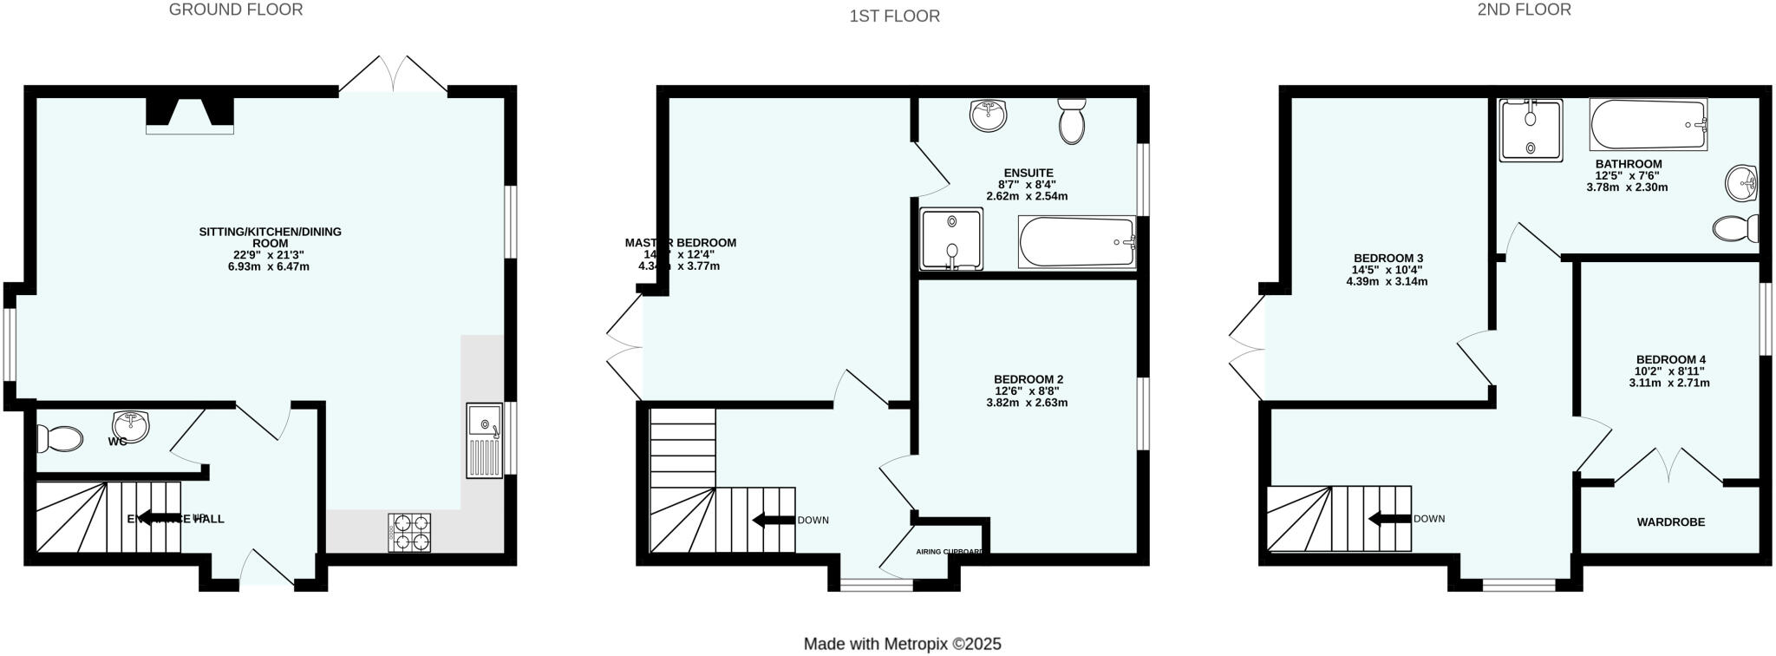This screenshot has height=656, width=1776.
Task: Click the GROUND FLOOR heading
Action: (236, 10)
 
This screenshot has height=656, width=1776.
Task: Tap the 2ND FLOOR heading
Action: (1536, 10)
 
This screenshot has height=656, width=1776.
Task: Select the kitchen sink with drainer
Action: (484, 440)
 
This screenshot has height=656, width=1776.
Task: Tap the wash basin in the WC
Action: (131, 425)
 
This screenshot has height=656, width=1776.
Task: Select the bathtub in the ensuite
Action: (1077, 242)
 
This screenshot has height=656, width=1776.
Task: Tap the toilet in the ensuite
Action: (1073, 121)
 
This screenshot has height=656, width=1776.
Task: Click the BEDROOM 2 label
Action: (1028, 379)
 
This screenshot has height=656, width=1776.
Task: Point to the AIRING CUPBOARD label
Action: (950, 552)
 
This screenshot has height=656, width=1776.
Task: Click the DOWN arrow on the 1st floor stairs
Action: (774, 520)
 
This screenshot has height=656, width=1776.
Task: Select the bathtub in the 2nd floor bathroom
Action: (1648, 126)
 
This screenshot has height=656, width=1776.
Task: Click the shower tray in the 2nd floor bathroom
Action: (1531, 130)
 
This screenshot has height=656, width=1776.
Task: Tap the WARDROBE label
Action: (1670, 522)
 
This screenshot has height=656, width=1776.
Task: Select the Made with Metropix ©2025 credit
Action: (902, 644)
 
